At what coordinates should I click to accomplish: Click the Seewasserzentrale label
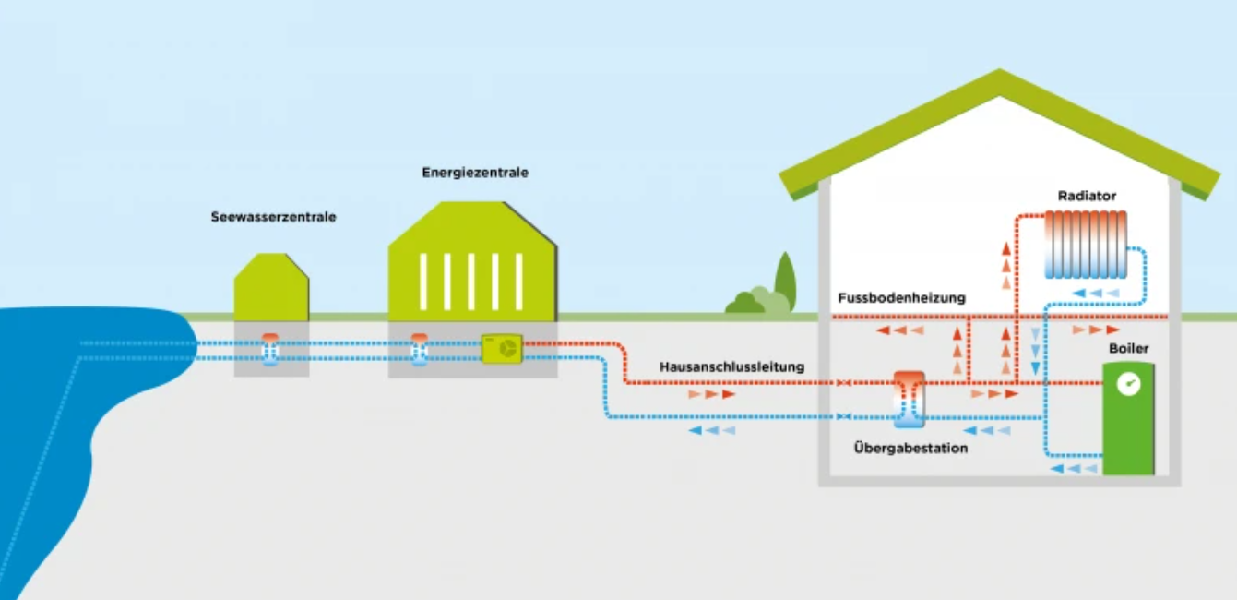click(x=272, y=218)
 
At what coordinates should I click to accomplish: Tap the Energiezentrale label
click(x=475, y=173)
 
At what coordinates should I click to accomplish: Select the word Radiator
click(x=1088, y=196)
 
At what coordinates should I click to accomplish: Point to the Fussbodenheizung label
click(x=901, y=298)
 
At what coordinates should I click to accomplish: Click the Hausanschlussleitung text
click(x=731, y=367)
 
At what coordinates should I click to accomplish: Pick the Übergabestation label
click(x=910, y=449)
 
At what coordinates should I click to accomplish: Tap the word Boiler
click(x=1128, y=349)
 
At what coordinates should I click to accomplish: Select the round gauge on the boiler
click(x=1127, y=385)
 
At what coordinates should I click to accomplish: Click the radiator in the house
click(x=1086, y=245)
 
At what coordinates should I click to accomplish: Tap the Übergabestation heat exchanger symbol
click(x=909, y=399)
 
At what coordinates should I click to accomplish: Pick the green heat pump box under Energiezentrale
click(x=502, y=349)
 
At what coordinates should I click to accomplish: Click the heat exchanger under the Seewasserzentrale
click(x=270, y=350)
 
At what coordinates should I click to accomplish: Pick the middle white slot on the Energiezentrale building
click(x=470, y=282)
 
